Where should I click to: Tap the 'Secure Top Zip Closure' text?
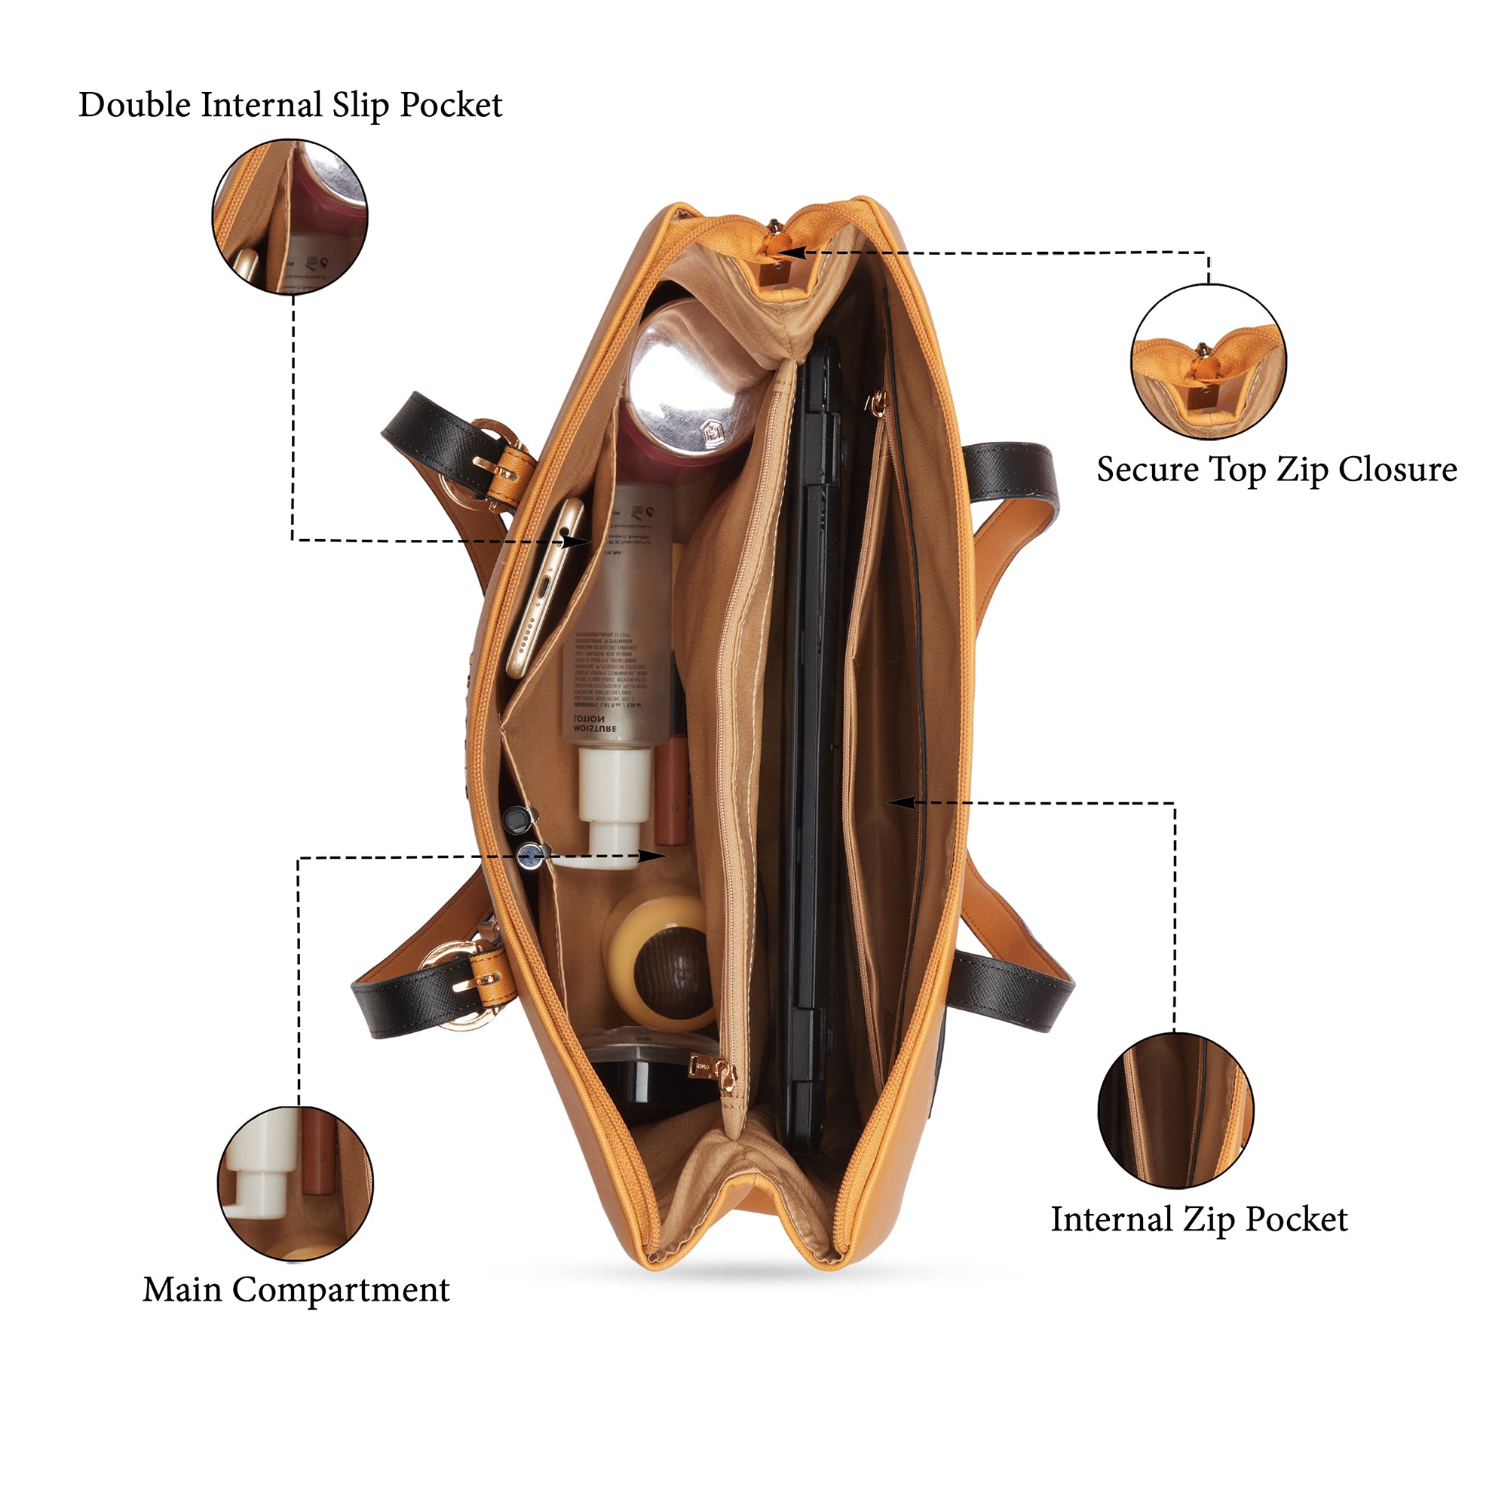click(1277, 470)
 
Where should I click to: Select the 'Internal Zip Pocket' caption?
click(1199, 1219)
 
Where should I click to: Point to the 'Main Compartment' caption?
click(296, 1289)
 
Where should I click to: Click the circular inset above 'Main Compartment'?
click(295, 1183)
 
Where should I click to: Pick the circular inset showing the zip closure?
click(1208, 361)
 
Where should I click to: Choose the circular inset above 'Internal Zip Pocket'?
click(1175, 1110)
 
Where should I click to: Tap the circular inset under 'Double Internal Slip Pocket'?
click(290, 217)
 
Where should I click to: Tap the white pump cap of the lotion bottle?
click(614, 804)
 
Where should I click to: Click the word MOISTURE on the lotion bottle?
click(595, 728)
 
